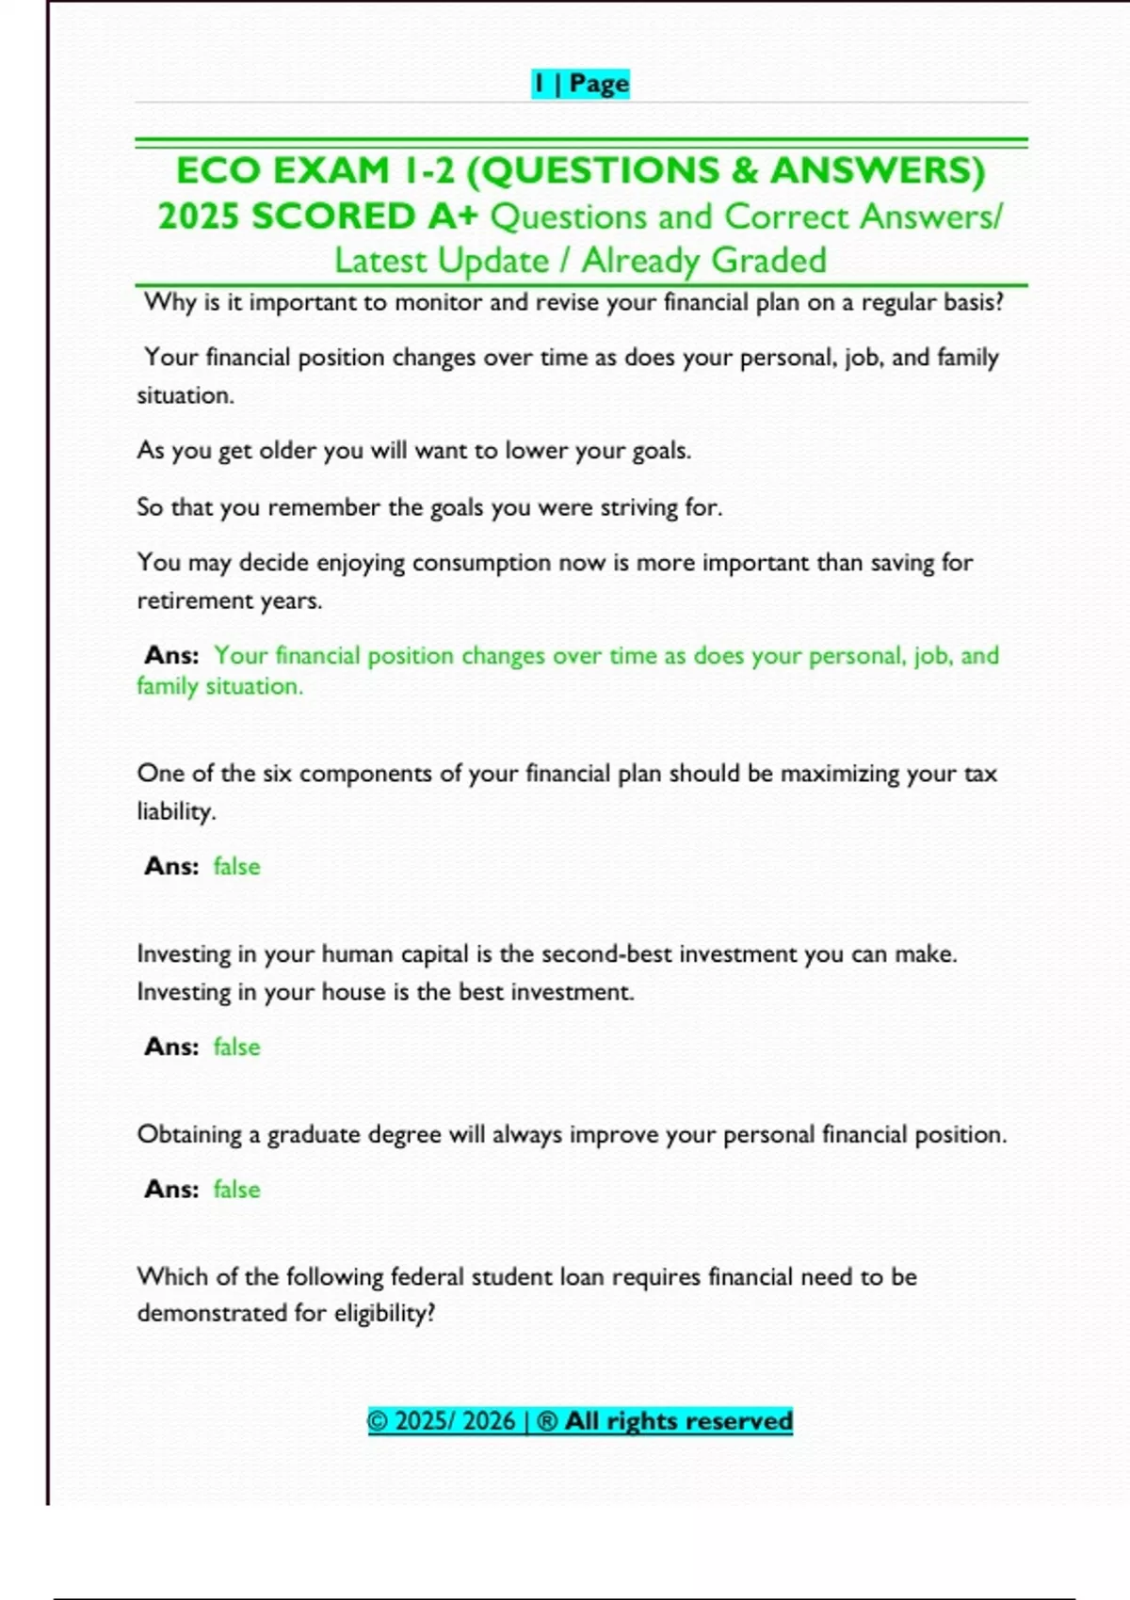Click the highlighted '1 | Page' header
tap(580, 84)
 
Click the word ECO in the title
tap(218, 171)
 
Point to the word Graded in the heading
tap(768, 261)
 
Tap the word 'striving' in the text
tap(639, 507)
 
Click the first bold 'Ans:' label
tap(171, 655)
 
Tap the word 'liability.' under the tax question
tap(176, 811)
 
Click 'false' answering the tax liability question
tap(236, 866)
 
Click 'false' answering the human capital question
tap(236, 1047)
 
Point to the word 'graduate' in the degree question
tap(314, 1135)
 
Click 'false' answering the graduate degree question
tap(236, 1190)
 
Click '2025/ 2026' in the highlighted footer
tap(455, 1421)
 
